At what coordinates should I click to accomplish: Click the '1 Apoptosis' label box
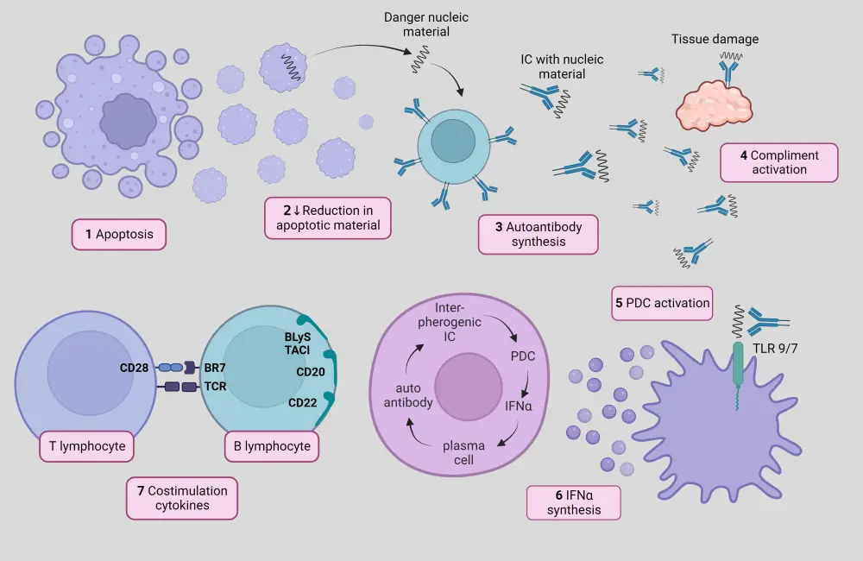(119, 234)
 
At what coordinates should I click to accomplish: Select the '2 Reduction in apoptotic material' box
(327, 218)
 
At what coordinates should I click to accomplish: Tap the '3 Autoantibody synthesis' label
(538, 234)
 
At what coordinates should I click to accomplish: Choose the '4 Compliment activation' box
(778, 162)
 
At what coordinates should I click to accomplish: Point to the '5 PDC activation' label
(662, 303)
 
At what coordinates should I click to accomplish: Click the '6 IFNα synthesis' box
(575, 502)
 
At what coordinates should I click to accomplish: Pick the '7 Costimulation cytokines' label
(181, 498)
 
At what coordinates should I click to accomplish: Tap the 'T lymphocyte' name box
(86, 446)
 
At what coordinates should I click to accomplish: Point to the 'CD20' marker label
(310, 373)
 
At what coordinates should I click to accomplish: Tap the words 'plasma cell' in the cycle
(463, 452)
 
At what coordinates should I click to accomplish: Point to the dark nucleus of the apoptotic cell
(128, 122)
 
